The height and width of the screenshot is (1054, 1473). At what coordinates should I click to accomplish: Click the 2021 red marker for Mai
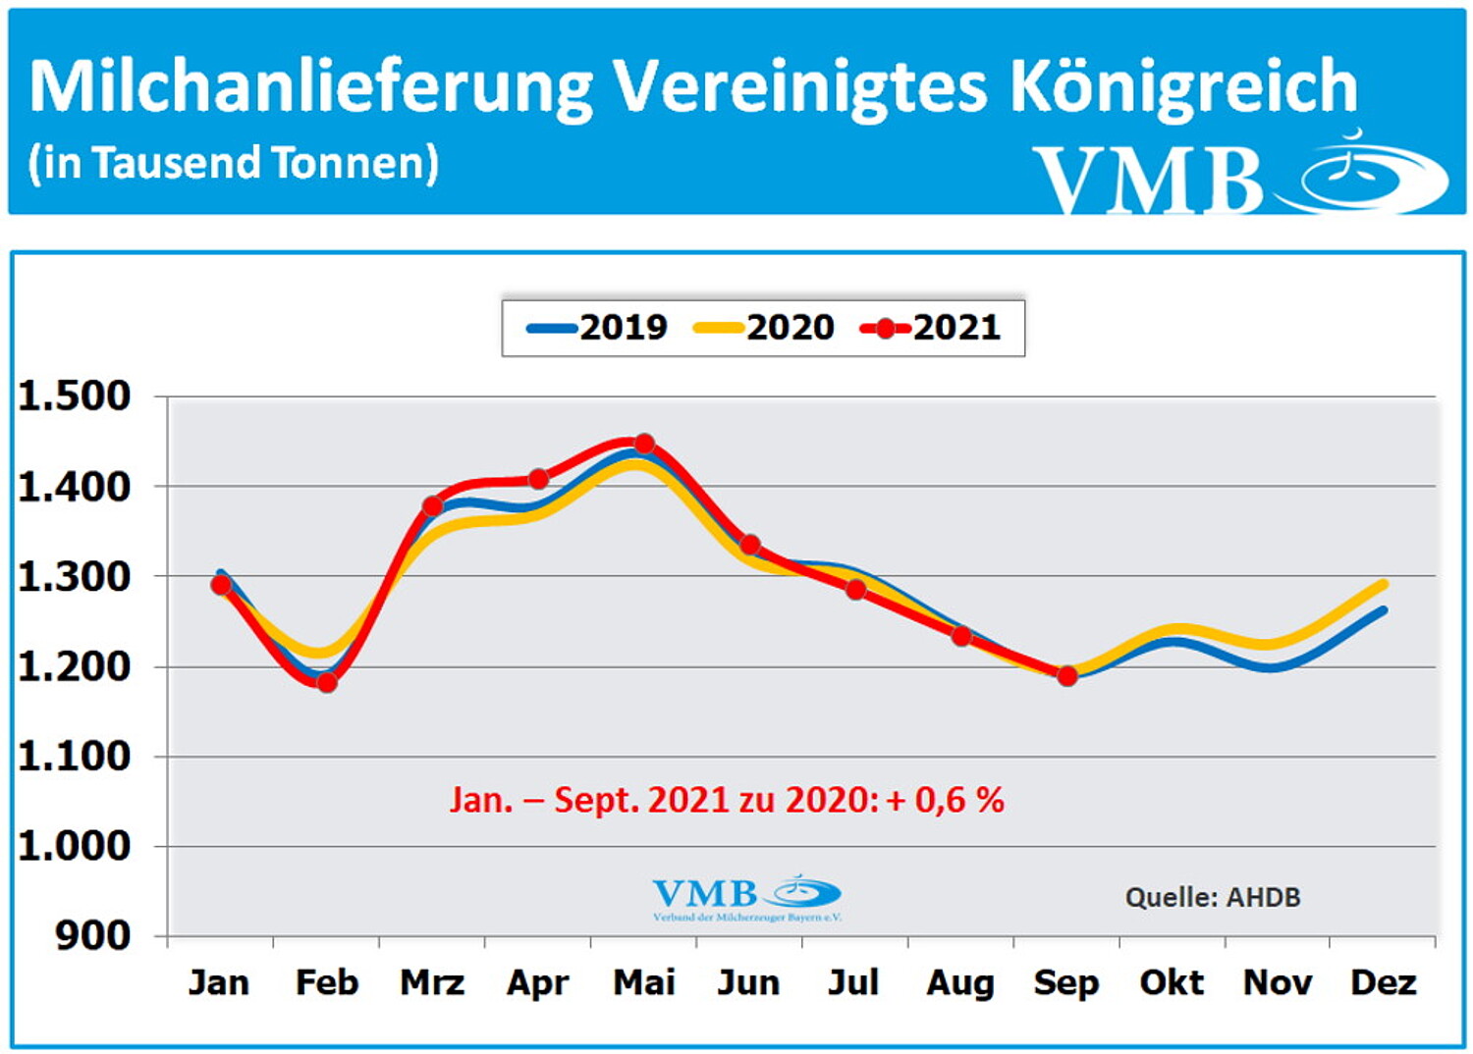(x=644, y=444)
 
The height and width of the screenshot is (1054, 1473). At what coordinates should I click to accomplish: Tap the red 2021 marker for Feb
(x=327, y=681)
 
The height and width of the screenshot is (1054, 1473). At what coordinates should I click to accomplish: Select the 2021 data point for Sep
(x=1067, y=675)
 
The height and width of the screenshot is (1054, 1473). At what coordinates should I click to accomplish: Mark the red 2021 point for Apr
(x=538, y=479)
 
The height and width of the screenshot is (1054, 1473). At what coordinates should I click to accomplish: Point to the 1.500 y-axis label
(x=75, y=395)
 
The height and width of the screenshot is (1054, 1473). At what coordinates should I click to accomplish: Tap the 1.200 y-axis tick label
(x=75, y=666)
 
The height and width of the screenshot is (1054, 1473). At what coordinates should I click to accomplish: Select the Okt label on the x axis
(x=1172, y=982)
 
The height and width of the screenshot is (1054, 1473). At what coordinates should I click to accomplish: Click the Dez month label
(x=1383, y=982)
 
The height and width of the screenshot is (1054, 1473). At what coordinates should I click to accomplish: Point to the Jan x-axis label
(x=219, y=982)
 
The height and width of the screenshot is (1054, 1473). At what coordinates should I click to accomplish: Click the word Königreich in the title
(x=1183, y=86)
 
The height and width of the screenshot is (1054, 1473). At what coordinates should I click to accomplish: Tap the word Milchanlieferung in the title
(x=310, y=86)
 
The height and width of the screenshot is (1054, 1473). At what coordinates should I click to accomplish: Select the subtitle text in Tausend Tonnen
(x=234, y=163)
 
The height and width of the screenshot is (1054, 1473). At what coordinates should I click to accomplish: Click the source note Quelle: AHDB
(x=1213, y=897)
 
